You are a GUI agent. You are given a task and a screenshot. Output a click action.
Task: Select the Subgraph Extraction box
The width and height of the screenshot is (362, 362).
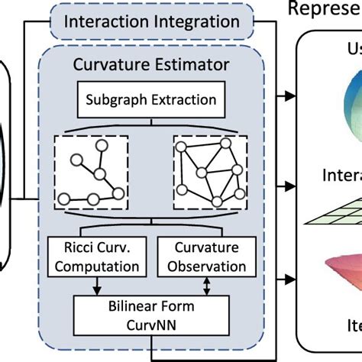[151, 99]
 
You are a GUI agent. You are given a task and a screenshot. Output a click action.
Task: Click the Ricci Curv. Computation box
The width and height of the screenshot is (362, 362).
[95, 257]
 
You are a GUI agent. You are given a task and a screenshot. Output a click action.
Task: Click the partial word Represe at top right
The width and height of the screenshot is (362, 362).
[324, 8]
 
